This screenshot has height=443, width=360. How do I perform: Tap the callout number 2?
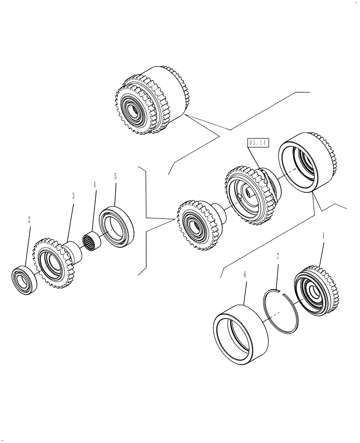click(29, 219)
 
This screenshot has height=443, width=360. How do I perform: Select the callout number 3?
click(73, 195)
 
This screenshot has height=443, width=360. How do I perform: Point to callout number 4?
click(94, 184)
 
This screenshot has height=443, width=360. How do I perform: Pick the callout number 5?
click(115, 176)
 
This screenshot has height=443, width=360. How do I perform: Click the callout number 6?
click(245, 275)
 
